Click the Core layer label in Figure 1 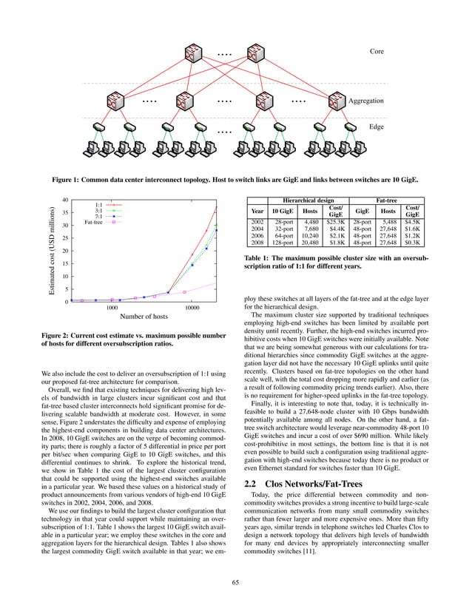coord(377,50)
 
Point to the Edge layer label coord(377,127)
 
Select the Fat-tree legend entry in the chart coord(93,222)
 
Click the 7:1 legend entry coord(98,216)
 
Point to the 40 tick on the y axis coord(66,200)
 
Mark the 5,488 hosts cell coord(395,221)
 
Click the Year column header coord(257,211)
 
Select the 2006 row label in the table coord(257,234)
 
